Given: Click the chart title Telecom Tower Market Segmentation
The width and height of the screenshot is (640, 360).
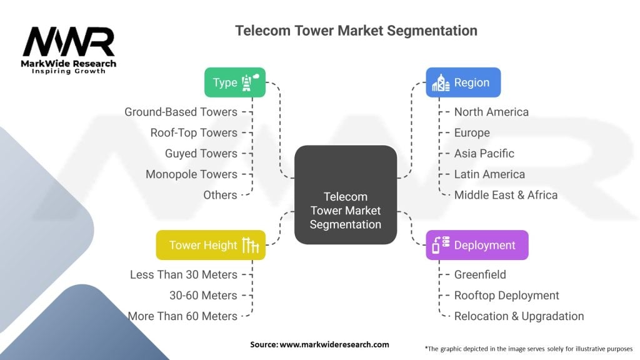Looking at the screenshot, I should pos(356,31).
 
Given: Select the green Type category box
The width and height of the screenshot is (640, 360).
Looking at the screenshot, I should pos(234,82).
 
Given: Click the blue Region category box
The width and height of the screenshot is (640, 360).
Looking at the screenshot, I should pos(463,82).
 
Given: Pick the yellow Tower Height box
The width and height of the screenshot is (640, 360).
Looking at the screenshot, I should pos(211,245).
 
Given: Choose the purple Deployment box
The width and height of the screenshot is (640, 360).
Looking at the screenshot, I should pos(477,245).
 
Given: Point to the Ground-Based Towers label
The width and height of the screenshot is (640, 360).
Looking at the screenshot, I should pos(181,112).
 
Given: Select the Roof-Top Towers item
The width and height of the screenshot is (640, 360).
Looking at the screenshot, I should pos(194,132).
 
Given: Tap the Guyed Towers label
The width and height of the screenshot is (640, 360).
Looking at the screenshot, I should pos(201,153).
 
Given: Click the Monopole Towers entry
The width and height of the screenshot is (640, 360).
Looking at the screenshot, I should pos(191,174).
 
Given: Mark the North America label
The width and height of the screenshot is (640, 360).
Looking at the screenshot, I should pos(491,112).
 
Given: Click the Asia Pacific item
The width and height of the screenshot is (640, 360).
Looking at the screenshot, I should pos(484,153).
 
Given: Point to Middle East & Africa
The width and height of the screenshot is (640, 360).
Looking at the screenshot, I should pos(506,194).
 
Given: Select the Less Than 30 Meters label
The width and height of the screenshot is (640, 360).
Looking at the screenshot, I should pos(184,274).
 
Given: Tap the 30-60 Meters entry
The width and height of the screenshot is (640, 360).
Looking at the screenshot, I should pos(203,295).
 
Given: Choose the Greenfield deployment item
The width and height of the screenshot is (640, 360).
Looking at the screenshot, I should pos(480,274).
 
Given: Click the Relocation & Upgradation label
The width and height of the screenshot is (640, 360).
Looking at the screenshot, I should pos(519,316).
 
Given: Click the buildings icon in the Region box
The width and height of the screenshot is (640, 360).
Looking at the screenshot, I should pos(441,82).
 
